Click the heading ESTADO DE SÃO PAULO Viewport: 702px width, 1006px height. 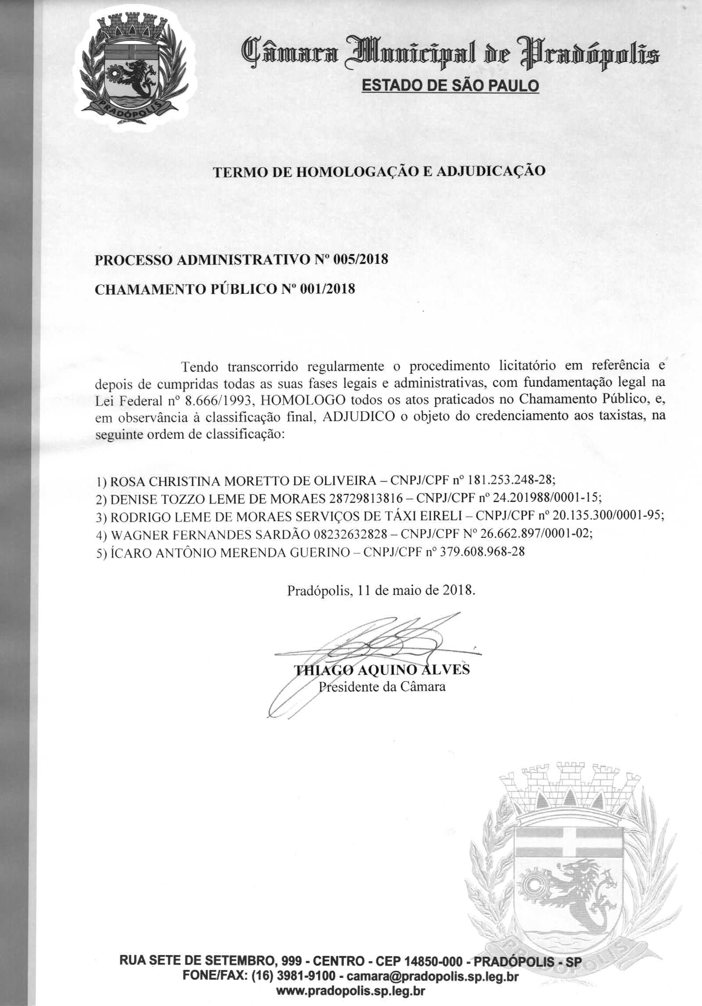pos(449,85)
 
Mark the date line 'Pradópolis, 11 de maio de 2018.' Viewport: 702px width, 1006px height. pos(381,590)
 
